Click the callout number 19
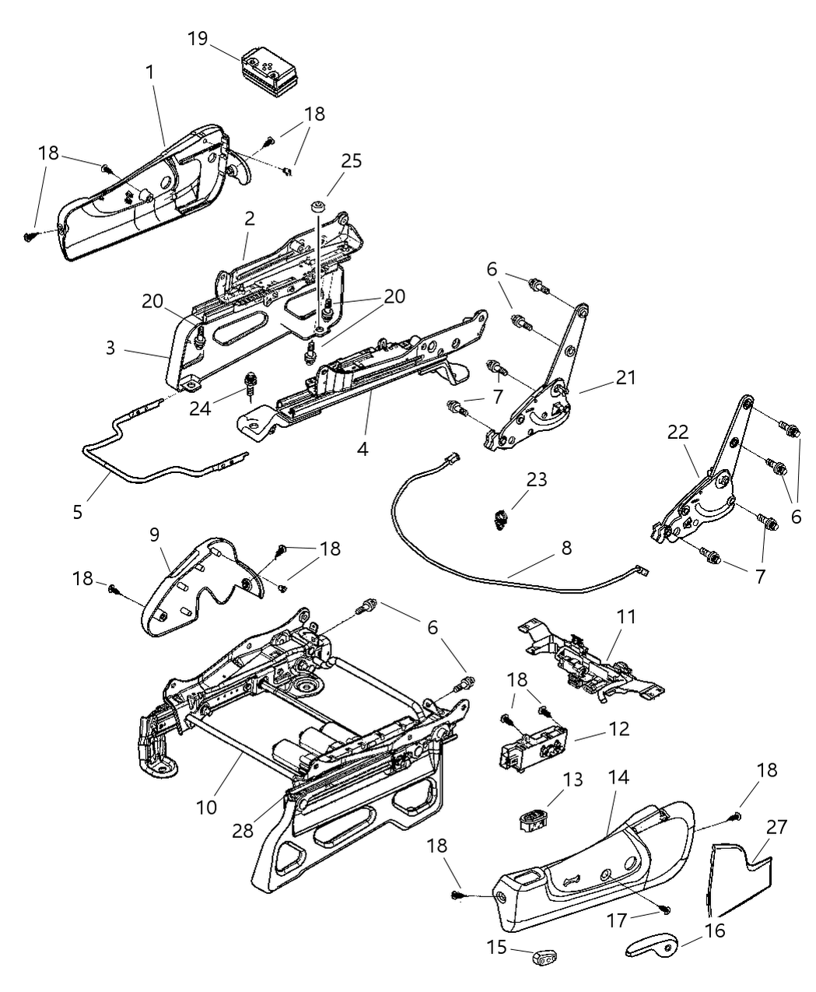click(198, 38)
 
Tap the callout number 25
click(351, 161)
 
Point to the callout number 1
click(149, 72)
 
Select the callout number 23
click(536, 479)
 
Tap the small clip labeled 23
click(501, 517)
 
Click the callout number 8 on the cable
click(566, 548)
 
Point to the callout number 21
click(625, 378)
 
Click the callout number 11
click(626, 617)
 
